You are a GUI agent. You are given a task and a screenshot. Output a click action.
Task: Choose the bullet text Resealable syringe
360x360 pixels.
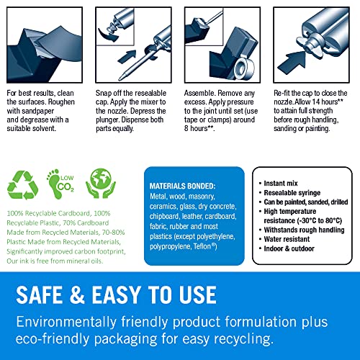tap(297, 186)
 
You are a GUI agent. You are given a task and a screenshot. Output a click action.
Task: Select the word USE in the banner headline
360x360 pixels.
tap(193, 294)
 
